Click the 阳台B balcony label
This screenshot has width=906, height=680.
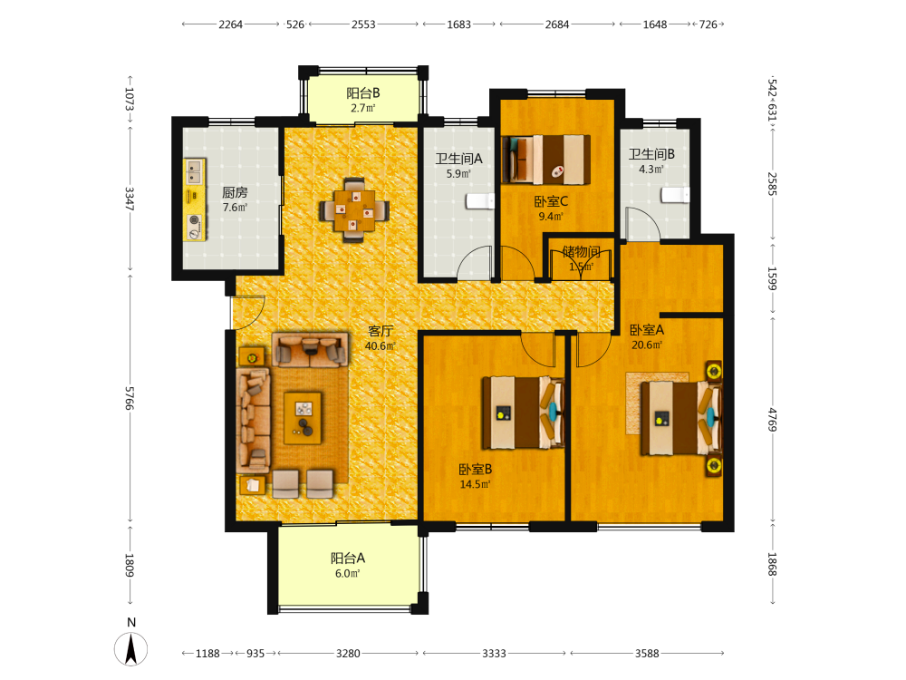363,93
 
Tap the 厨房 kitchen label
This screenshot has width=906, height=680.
235,192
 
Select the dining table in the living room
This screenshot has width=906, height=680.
354,210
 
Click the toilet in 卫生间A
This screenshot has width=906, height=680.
480,201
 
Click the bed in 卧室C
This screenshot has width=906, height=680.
545,159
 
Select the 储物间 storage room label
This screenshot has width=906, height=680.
582,251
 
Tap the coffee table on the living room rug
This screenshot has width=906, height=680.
303,418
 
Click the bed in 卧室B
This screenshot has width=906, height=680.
523,413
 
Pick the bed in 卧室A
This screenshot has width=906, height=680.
681,418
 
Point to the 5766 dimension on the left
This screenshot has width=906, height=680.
130,398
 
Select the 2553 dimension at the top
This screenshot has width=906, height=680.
363,24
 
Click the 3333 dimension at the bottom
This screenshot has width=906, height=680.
494,654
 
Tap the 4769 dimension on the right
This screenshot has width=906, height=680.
772,419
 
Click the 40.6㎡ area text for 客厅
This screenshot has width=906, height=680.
380,345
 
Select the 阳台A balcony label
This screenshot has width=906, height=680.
348,558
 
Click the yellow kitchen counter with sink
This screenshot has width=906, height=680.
195,199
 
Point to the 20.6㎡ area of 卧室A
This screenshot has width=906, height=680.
647,345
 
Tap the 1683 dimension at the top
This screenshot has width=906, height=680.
458,24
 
